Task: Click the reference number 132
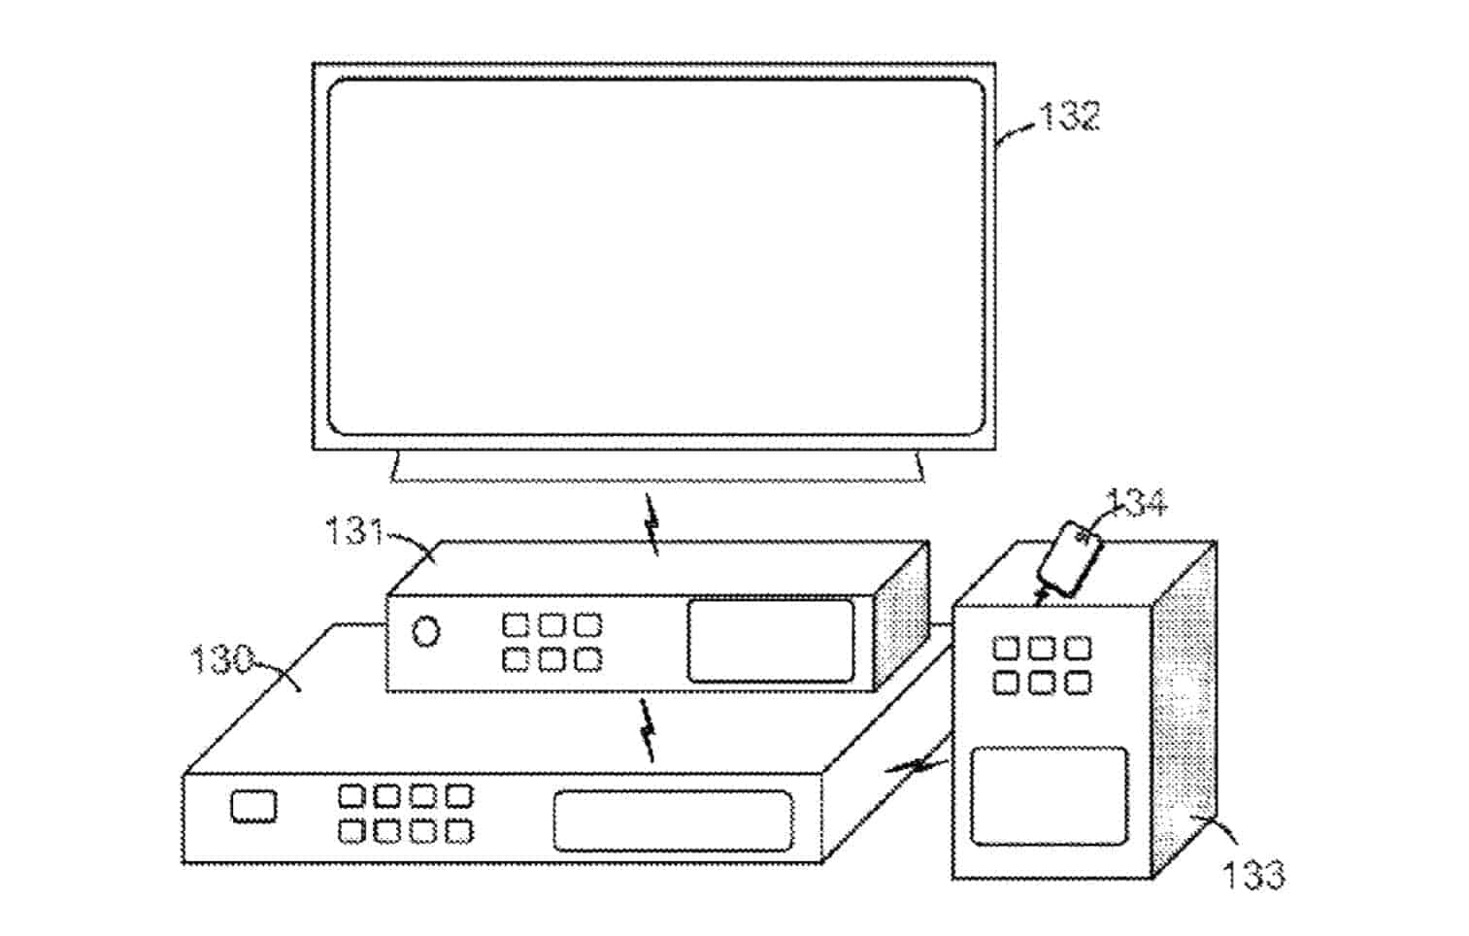click(x=1069, y=117)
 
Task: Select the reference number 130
click(x=221, y=660)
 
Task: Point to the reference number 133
click(x=1253, y=874)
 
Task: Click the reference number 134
click(x=1137, y=503)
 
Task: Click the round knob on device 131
click(x=425, y=632)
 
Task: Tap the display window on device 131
click(x=770, y=640)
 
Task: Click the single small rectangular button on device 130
click(x=253, y=807)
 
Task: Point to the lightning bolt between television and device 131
click(x=653, y=525)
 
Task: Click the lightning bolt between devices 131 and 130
click(x=646, y=728)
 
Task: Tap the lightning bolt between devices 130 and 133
click(x=918, y=765)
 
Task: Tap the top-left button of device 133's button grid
click(x=1006, y=648)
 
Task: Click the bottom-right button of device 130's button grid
click(x=458, y=831)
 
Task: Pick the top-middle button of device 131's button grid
click(x=551, y=624)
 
